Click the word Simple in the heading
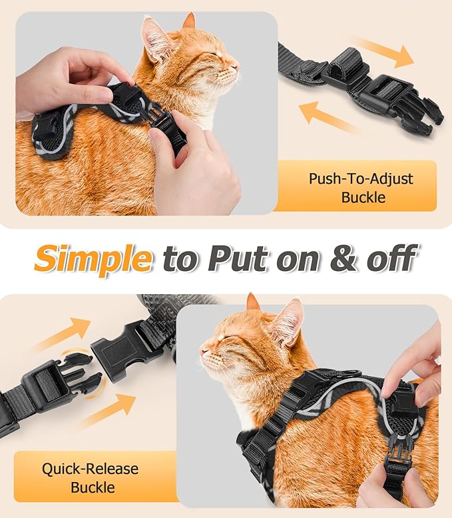point(93,258)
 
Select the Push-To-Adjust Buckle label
point(360,188)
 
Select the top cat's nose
point(235,67)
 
